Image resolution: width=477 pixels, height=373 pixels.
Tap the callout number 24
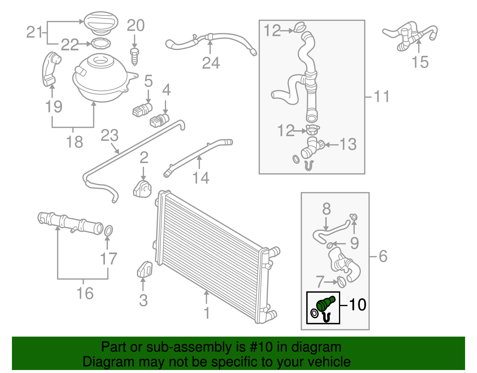tap(211, 63)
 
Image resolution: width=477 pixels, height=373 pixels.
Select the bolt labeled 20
tap(134, 57)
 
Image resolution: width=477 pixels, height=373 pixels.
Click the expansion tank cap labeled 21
tap(100, 22)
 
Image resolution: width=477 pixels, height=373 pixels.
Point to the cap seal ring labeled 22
tap(100, 44)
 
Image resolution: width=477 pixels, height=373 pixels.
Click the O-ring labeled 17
tap(109, 231)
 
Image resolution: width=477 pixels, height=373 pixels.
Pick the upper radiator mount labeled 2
tap(142, 189)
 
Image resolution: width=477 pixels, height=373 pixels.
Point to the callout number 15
tap(420, 62)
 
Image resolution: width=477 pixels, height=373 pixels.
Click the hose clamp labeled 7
tap(341, 281)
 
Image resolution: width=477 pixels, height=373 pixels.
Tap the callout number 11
tap(382, 96)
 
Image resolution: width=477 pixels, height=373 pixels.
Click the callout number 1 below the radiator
tap(207, 313)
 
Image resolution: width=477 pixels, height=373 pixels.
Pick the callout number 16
tap(85, 293)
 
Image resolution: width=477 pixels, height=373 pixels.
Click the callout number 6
tap(383, 256)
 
